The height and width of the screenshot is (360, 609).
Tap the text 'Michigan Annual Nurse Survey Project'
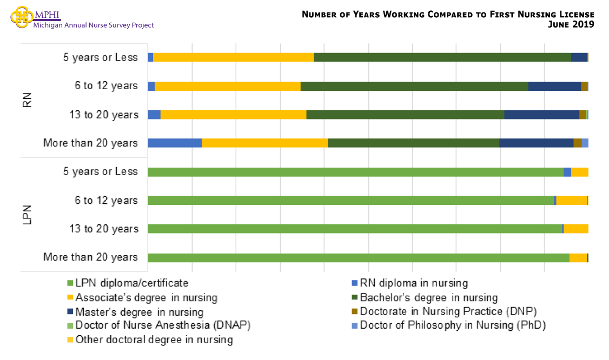click(94, 25)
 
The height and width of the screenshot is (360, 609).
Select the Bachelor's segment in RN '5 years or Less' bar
click(442, 57)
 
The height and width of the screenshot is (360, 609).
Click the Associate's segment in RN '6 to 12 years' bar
click(227, 86)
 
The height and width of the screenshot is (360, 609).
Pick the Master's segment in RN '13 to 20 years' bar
click(541, 115)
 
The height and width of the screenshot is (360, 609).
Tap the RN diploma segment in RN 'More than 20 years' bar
click(174, 143)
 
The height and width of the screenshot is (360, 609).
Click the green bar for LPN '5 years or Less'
click(355, 172)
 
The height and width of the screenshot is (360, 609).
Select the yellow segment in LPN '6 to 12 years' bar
click(571, 201)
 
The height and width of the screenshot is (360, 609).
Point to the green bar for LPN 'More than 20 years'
click(358, 257)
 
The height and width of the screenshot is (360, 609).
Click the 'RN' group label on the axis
click(28, 101)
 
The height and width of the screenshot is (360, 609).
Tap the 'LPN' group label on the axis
click(28, 215)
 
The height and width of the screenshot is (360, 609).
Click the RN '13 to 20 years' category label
click(104, 115)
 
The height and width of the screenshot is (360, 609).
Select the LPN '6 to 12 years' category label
click(106, 201)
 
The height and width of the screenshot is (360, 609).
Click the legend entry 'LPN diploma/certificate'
click(131, 283)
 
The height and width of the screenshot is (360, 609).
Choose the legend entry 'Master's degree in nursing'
click(139, 312)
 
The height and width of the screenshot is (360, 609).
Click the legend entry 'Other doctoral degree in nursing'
click(154, 340)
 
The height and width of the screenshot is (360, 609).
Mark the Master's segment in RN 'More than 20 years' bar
click(536, 143)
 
